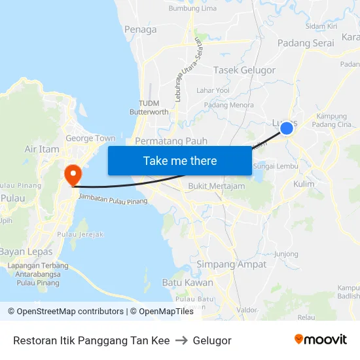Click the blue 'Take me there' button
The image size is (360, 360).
click(179, 160)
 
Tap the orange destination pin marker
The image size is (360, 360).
click(72, 174)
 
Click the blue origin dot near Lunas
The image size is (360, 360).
click(287, 128)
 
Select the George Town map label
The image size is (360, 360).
click(90, 138)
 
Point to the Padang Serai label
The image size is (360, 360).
click(305, 43)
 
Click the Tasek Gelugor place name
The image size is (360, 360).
click(245, 70)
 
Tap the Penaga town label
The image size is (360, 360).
click(140, 29)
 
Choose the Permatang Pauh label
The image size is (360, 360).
click(171, 141)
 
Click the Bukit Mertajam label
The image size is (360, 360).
click(216, 186)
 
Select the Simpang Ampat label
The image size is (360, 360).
click(232, 264)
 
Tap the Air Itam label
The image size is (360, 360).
click(42, 149)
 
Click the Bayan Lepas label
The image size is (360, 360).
click(26, 251)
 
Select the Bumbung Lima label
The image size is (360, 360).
click(192, 8)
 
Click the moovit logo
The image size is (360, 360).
click(321, 339)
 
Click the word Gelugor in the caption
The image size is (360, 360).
click(213, 340)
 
